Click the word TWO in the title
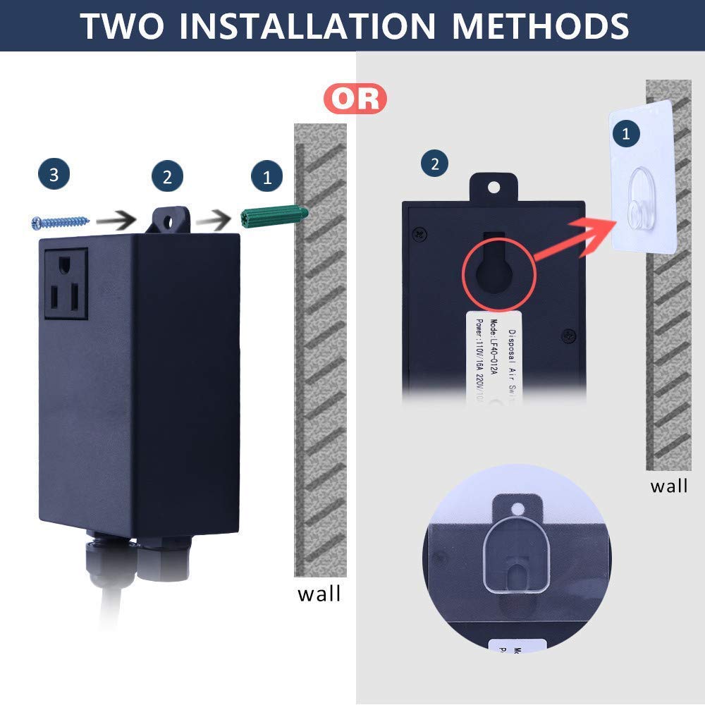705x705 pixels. [121, 25]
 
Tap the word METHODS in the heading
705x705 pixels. [540, 25]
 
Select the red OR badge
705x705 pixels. [355, 99]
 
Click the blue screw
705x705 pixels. [61, 222]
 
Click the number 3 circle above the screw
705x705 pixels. [54, 175]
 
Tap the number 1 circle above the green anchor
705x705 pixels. [266, 177]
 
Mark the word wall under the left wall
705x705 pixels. [319, 594]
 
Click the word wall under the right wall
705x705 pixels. [668, 486]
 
